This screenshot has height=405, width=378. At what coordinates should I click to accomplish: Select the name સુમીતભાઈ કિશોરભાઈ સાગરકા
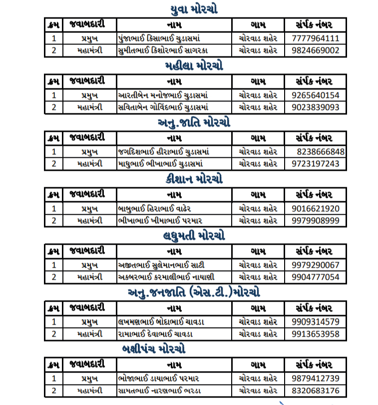point(163,50)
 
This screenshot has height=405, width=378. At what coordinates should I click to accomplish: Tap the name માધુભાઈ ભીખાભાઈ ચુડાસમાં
point(163,164)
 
